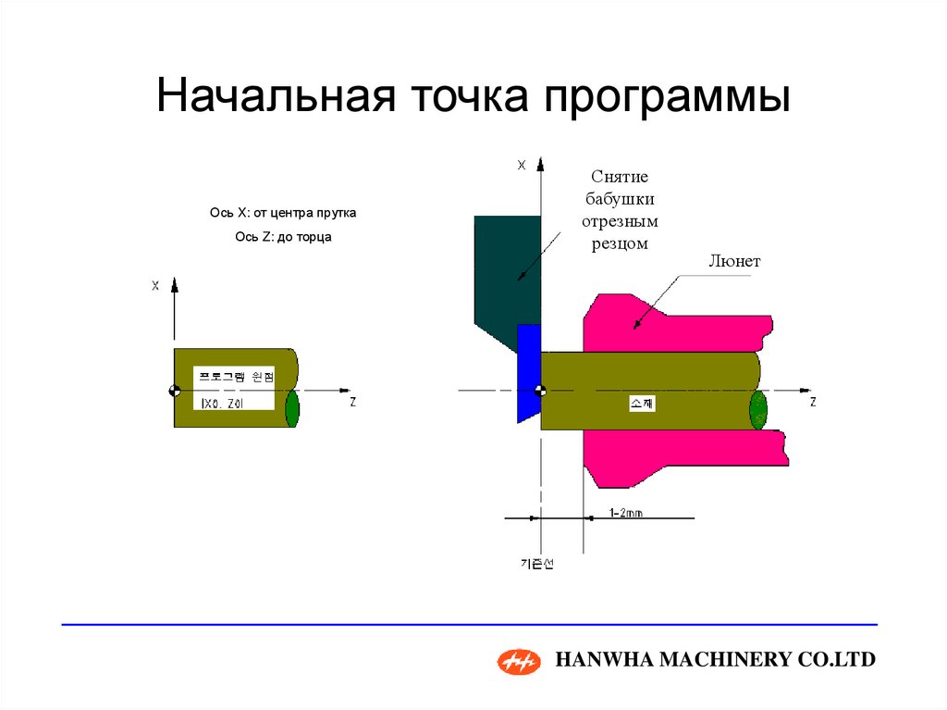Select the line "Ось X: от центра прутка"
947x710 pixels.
click(x=283, y=213)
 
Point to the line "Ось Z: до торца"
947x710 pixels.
click(x=283, y=237)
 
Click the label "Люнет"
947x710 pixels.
click(x=734, y=261)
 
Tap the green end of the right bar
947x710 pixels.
click(x=758, y=409)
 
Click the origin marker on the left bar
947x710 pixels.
click(x=173, y=391)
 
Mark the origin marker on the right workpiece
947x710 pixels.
click(x=541, y=391)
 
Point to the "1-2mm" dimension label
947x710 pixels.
click(x=626, y=512)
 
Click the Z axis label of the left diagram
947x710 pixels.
click(x=353, y=402)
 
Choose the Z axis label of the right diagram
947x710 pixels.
click(x=813, y=403)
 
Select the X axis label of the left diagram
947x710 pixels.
click(x=155, y=286)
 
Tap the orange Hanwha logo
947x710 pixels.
click(x=519, y=660)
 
